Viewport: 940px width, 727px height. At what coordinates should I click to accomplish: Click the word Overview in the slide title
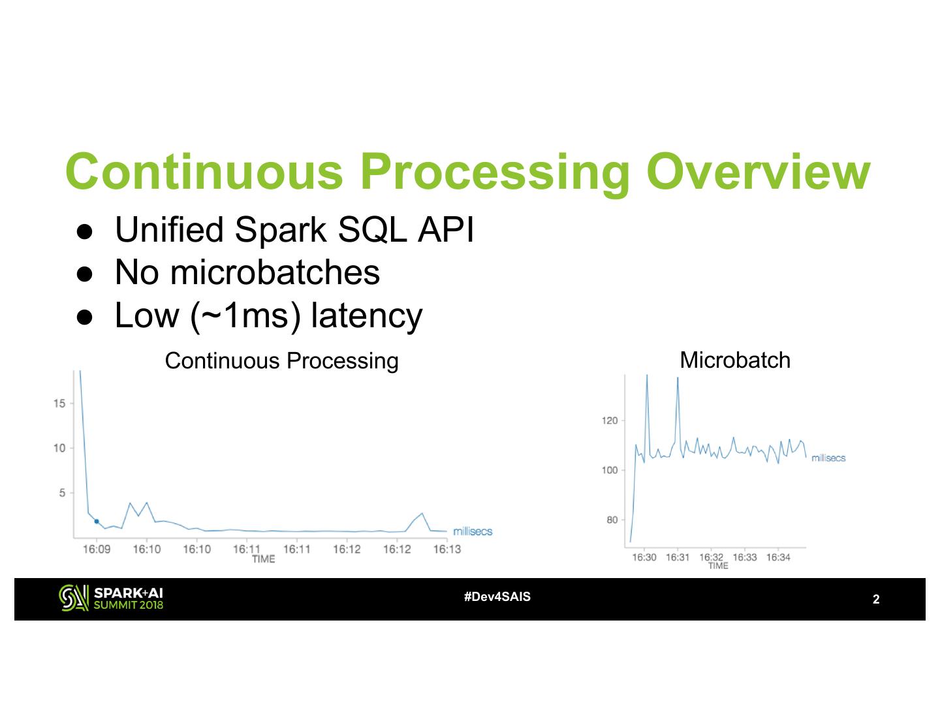point(758,172)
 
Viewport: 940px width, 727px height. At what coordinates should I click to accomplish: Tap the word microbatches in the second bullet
point(275,272)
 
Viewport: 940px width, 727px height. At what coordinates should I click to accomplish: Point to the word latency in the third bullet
point(366,316)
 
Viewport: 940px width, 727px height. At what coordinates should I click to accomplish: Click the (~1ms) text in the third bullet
point(245,316)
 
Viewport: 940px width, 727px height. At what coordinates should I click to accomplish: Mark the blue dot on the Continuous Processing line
point(97,521)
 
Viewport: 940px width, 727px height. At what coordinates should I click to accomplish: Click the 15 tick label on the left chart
point(59,404)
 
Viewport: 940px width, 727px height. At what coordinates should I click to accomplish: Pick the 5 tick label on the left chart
point(62,493)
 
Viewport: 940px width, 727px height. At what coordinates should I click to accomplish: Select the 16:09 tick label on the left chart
point(97,549)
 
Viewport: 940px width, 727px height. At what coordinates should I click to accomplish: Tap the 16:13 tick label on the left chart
point(447,549)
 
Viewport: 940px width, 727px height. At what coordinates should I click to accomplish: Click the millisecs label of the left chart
point(473,532)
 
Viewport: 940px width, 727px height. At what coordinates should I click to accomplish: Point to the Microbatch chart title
point(735,360)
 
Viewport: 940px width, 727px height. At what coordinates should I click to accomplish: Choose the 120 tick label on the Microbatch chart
point(610,421)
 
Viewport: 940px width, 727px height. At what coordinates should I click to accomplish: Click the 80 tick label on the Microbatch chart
point(612,520)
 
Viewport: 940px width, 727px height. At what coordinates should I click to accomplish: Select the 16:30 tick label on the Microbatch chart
point(644,557)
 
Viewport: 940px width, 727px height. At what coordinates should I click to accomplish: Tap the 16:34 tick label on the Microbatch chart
point(778,557)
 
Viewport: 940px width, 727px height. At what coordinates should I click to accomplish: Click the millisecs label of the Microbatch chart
point(828,458)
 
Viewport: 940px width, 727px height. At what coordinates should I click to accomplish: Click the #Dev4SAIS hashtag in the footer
point(497,597)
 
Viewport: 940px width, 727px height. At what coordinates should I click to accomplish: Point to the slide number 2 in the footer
point(876,599)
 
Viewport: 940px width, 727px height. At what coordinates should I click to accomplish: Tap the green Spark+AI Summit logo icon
point(74,598)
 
